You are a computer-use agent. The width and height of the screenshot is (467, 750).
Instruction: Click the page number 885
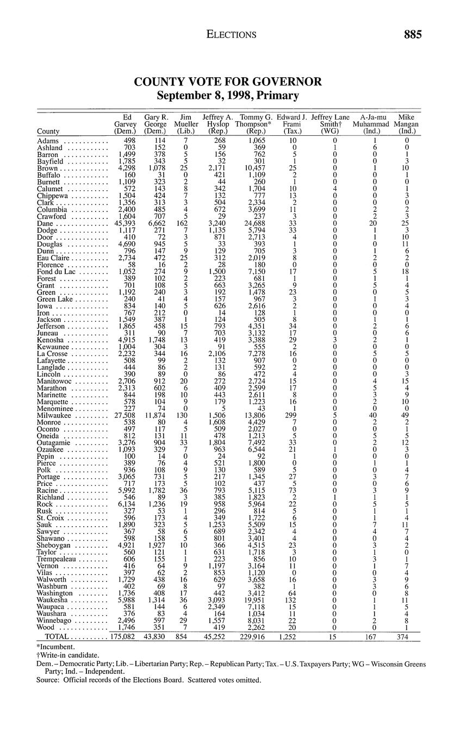pos(413,35)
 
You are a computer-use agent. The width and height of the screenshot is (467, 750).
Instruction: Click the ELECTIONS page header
pos(231,35)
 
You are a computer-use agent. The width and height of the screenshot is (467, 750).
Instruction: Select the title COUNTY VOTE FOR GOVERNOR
pos(228,82)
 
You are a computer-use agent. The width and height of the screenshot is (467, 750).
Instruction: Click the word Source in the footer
pos(48,679)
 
